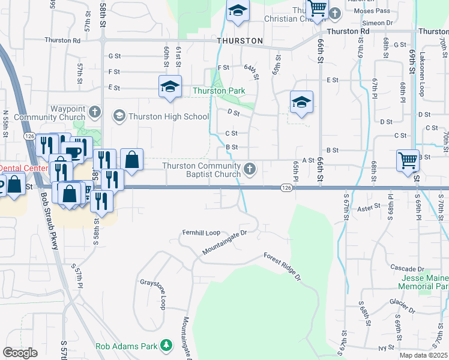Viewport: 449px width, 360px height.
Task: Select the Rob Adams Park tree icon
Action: pos(166,346)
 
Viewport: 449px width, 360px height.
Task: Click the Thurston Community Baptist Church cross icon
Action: pos(250,170)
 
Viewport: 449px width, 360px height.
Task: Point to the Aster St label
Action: pos(369,206)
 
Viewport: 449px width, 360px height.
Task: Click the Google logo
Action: pos(20,353)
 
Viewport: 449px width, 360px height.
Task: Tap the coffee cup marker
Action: pos(72,151)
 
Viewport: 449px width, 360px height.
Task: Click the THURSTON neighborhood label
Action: pos(240,41)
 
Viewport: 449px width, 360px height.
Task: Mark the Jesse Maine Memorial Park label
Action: pos(424,282)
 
